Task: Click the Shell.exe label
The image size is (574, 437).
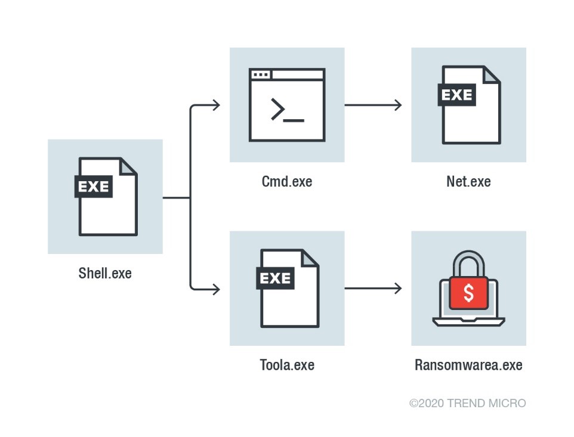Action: (105, 274)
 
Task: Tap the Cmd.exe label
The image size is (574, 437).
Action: (287, 181)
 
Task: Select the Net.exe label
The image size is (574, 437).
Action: (468, 181)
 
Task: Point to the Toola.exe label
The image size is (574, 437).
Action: (287, 365)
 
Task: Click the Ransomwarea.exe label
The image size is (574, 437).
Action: (468, 365)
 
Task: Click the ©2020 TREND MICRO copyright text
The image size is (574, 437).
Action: (468, 404)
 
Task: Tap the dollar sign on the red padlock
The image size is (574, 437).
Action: (469, 293)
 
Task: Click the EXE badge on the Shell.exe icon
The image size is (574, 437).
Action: (94, 186)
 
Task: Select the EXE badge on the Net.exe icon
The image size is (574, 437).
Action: (456, 94)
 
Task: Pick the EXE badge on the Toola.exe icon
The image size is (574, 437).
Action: (275, 278)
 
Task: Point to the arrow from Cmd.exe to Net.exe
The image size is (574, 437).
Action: (373, 105)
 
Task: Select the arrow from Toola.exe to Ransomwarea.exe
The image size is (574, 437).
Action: (373, 289)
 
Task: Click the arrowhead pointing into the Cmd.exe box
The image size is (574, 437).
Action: (216, 106)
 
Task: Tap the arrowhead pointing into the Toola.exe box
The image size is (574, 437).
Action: (216, 289)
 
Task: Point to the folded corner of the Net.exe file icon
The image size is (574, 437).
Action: (491, 75)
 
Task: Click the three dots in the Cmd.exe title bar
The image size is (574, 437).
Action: (260, 75)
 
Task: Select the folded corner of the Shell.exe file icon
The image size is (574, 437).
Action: (128, 166)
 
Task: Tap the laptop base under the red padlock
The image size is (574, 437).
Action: (469, 322)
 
